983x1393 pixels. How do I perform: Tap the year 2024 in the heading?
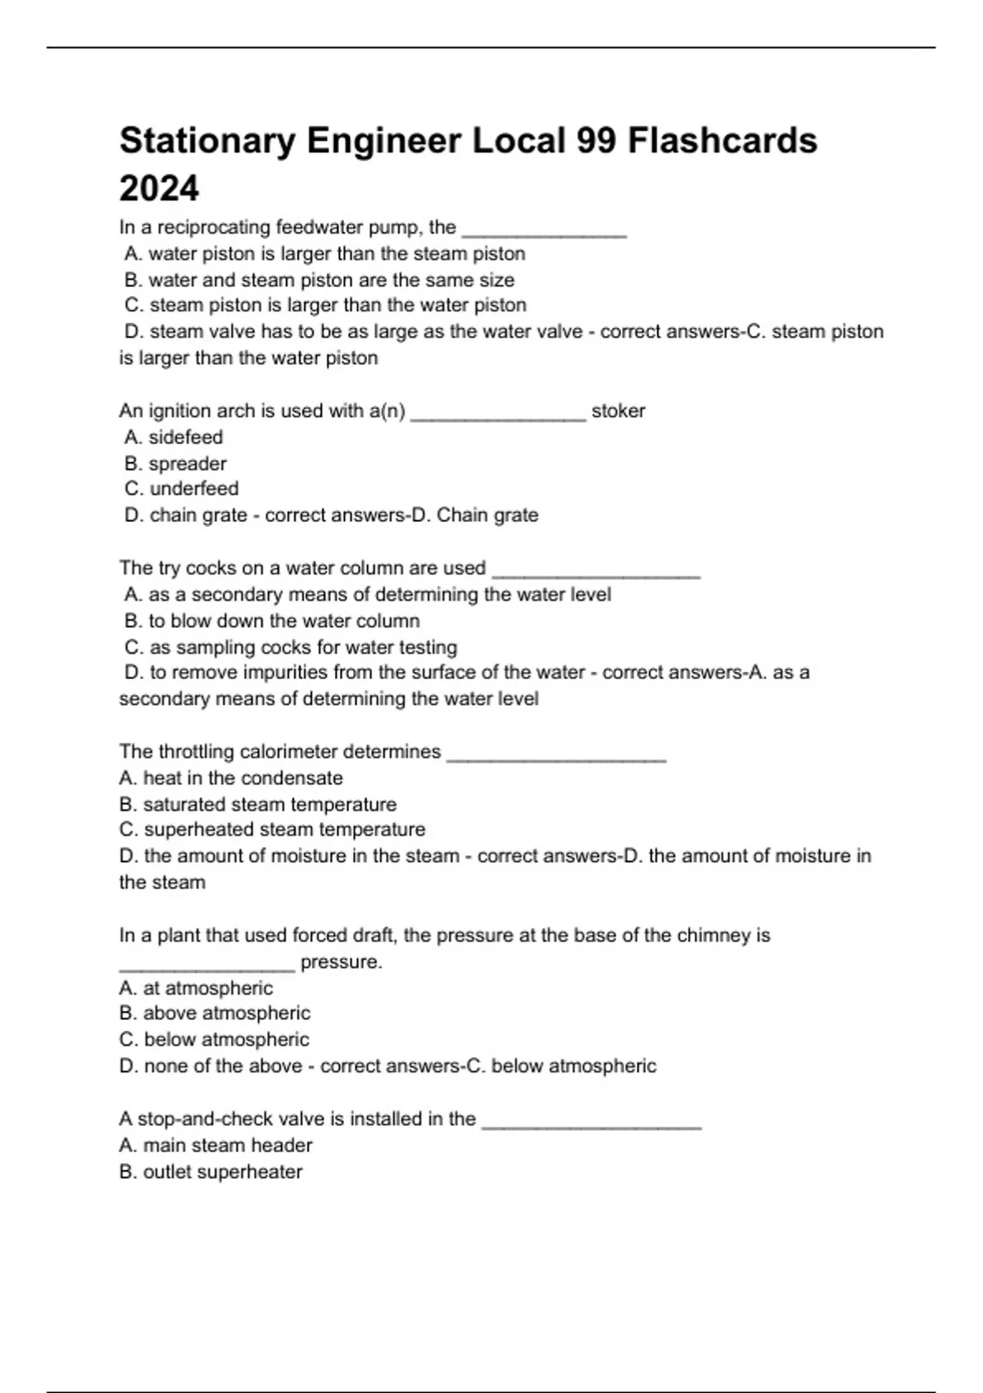click(x=159, y=188)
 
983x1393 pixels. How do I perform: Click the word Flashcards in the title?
click(x=723, y=141)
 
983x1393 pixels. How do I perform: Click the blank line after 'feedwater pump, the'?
click(x=545, y=229)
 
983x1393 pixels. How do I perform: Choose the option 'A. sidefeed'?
click(x=174, y=438)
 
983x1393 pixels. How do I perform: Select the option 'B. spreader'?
click(x=175, y=464)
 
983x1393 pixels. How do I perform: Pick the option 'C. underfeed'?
click(x=182, y=489)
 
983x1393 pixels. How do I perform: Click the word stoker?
click(x=618, y=411)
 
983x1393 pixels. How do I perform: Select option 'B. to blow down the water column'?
click(x=272, y=621)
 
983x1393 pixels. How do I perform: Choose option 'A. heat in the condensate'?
click(x=231, y=778)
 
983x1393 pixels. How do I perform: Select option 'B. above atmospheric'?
click(x=215, y=1014)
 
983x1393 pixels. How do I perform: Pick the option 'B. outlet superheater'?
click(x=211, y=1173)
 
